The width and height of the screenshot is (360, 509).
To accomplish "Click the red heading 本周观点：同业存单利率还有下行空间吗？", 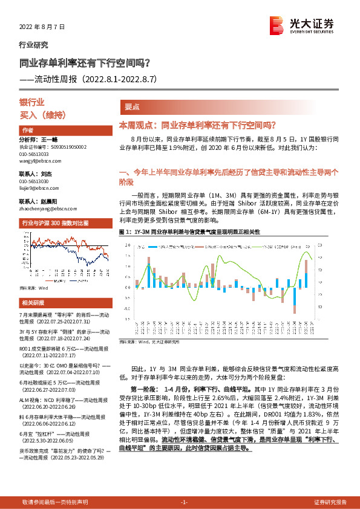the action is (197, 125).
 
